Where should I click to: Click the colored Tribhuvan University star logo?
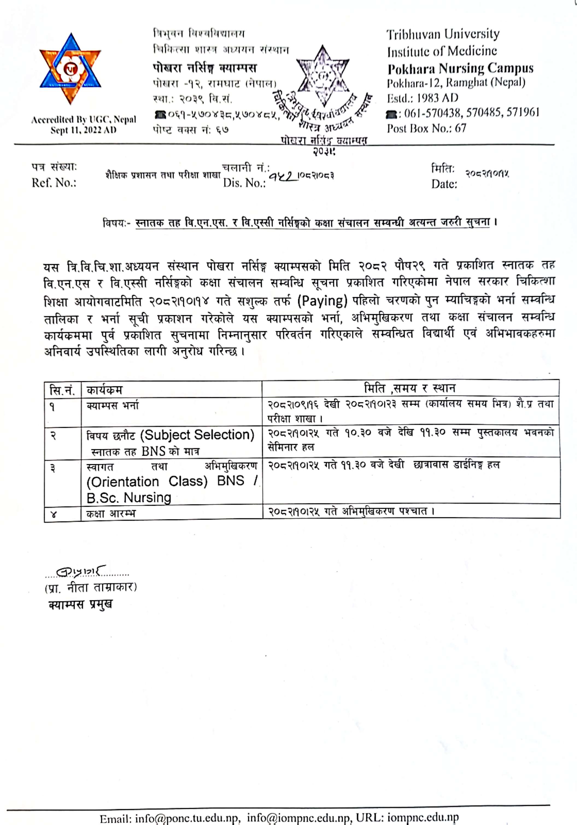[71, 69]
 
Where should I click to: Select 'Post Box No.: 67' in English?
[426, 128]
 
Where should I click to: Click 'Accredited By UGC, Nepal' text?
[83, 120]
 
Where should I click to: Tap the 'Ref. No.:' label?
[54, 183]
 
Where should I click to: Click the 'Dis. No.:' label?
[244, 183]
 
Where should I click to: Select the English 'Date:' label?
[444, 184]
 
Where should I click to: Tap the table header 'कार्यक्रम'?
[104, 390]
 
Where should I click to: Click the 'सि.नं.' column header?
[62, 390]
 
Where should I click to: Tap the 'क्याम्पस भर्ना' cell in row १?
[112, 406]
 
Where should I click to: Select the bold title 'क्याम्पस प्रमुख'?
[80, 605]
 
